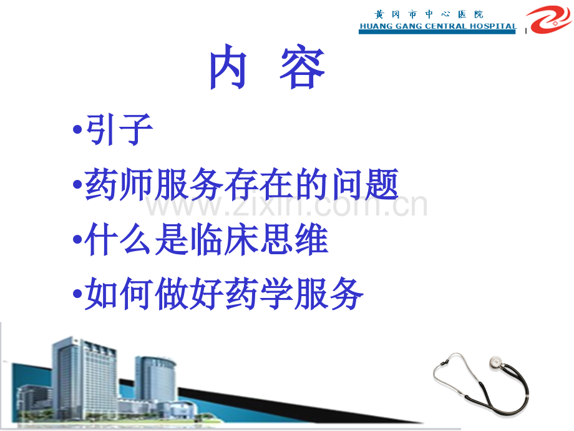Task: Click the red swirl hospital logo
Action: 548,19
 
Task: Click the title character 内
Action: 228,67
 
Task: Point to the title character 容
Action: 303,67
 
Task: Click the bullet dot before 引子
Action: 77,129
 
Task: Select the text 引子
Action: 119,129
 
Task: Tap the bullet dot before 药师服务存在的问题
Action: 77,184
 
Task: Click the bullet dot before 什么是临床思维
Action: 77,239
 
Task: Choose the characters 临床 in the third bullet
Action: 224,239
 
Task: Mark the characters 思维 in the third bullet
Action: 294,239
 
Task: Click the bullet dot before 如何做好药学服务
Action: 77,293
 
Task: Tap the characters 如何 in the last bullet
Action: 119,293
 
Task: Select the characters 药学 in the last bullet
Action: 259,293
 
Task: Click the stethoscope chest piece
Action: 495,362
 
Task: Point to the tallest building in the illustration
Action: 84,377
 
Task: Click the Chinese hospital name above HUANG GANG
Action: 429,14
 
